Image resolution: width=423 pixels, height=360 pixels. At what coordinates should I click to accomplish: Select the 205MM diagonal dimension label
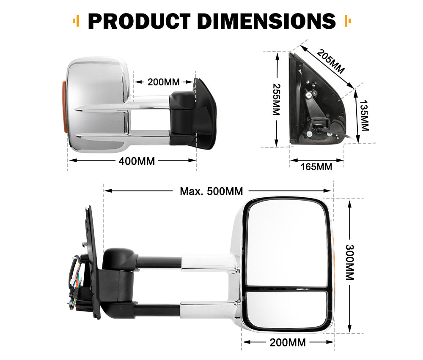[x=330, y=61]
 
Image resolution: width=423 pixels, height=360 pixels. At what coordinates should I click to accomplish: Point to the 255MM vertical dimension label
[x=276, y=99]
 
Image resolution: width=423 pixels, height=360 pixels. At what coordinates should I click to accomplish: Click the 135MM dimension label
[x=363, y=115]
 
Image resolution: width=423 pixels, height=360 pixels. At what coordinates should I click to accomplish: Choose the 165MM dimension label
[x=316, y=166]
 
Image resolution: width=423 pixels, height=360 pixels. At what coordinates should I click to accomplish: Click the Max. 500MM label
[x=211, y=191]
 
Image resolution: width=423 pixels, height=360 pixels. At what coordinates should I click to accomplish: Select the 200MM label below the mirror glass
[x=288, y=342]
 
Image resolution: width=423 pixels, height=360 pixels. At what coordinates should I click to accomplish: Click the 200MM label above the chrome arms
[x=164, y=82]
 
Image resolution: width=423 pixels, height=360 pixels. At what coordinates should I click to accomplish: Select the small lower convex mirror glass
[x=287, y=308]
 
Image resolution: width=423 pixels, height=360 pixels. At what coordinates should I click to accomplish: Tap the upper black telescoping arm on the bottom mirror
[x=159, y=262]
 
